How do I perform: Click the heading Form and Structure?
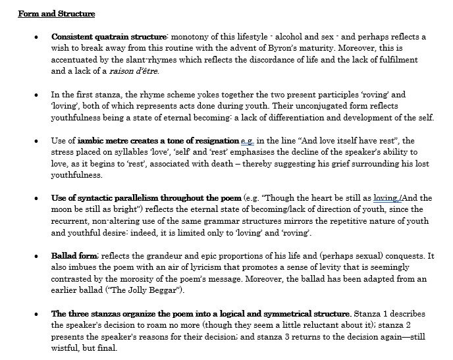(x=56, y=14)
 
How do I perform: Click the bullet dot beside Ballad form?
(x=37, y=256)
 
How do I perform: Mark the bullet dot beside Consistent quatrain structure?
(x=37, y=38)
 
